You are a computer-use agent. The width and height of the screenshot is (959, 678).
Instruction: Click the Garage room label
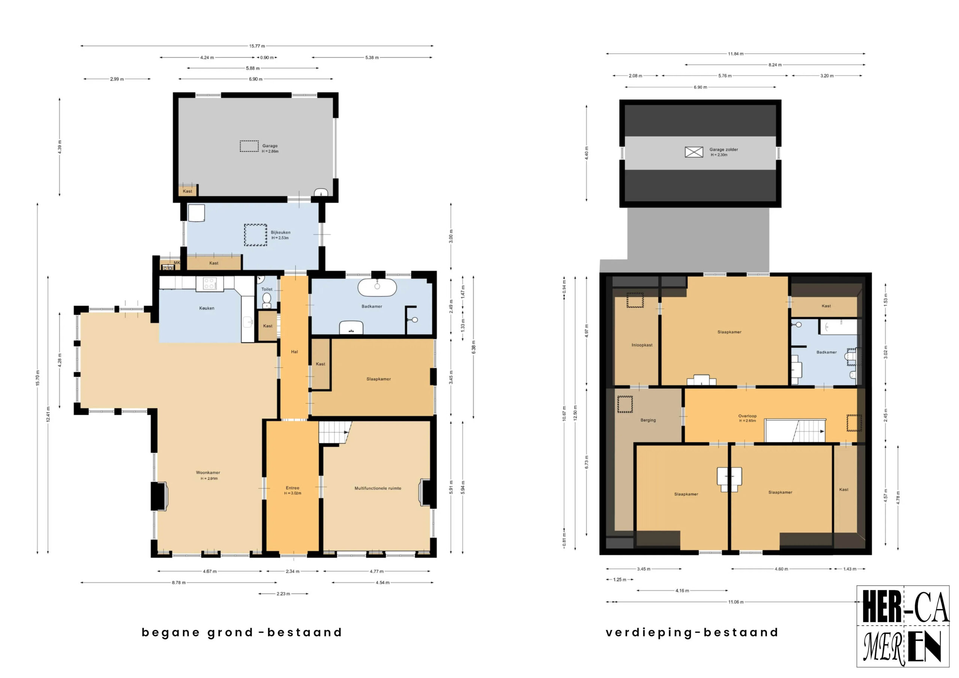click(x=270, y=146)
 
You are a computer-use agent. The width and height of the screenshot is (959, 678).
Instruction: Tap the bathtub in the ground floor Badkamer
click(x=377, y=287)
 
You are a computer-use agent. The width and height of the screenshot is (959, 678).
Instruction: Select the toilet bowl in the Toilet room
click(x=266, y=299)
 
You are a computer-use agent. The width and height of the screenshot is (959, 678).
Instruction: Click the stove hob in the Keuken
click(x=209, y=284)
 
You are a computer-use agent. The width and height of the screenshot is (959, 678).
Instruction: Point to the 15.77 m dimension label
click(x=257, y=46)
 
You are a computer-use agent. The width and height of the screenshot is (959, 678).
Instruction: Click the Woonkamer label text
click(x=208, y=472)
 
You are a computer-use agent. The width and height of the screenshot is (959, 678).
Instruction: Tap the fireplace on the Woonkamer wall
click(x=159, y=496)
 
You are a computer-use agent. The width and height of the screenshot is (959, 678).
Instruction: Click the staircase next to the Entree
click(x=334, y=432)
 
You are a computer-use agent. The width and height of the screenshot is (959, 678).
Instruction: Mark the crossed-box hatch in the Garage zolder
click(x=694, y=152)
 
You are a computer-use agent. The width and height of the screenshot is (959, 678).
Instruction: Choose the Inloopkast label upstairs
click(x=642, y=345)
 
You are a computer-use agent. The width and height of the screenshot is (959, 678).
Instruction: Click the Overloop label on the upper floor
click(x=747, y=416)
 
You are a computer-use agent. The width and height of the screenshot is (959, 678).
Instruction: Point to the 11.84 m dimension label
click(x=735, y=54)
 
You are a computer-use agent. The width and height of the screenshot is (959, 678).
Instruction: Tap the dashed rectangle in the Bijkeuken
click(x=255, y=235)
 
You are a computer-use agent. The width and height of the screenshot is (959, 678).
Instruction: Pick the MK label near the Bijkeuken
click(x=177, y=263)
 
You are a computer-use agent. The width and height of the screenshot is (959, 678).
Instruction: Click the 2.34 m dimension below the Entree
click(x=292, y=571)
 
